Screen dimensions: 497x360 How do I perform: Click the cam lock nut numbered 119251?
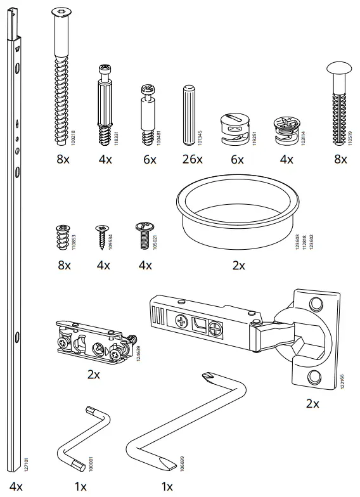(x=235, y=129)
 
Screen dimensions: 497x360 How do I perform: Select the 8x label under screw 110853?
(x=64, y=265)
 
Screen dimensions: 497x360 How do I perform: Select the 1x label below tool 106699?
(x=167, y=486)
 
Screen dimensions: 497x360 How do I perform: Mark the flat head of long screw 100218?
(x=61, y=12)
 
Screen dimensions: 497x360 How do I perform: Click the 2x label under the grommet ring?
(x=238, y=265)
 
